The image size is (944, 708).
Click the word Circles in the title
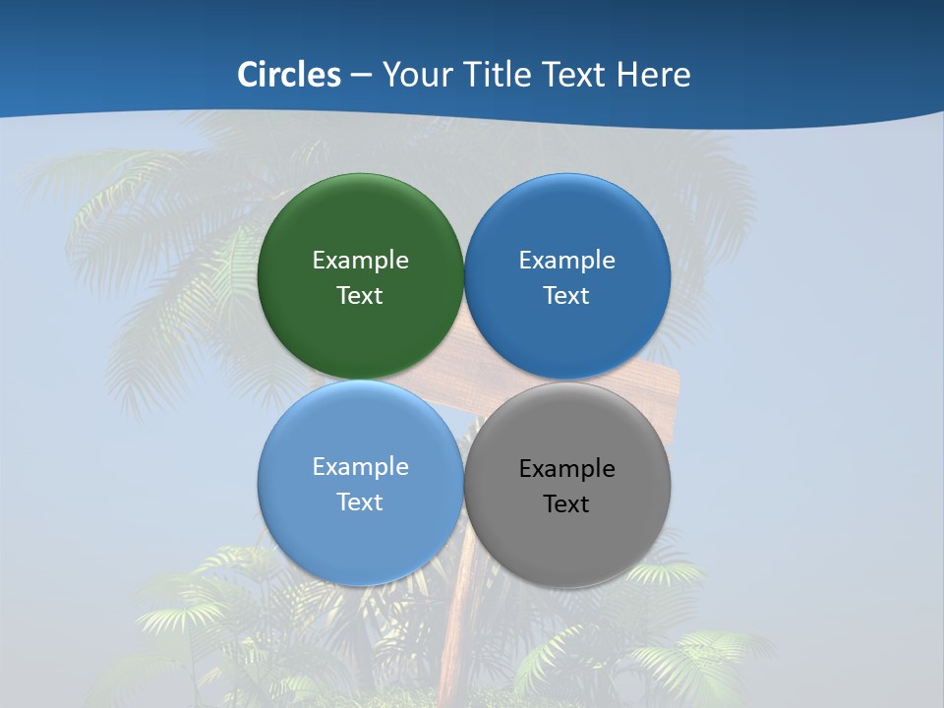coord(289,75)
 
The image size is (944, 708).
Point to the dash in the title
coord(361,76)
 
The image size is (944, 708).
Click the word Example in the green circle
coord(360,261)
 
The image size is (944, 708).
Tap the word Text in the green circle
coord(360,296)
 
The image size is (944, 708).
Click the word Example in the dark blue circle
coord(566,261)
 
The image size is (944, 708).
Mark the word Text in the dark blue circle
coord(566,296)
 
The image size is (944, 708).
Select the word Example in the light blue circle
coord(360,467)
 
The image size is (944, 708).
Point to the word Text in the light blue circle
coord(360,502)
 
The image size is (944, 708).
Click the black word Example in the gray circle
coord(566,469)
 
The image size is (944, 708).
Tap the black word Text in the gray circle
coord(566,504)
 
